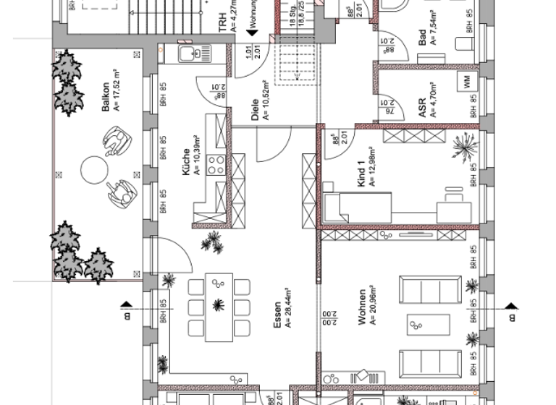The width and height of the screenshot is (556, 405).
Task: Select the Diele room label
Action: tap(255, 108)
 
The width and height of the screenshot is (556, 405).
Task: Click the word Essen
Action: tap(277, 329)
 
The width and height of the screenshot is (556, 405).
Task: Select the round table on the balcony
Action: tap(93, 171)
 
